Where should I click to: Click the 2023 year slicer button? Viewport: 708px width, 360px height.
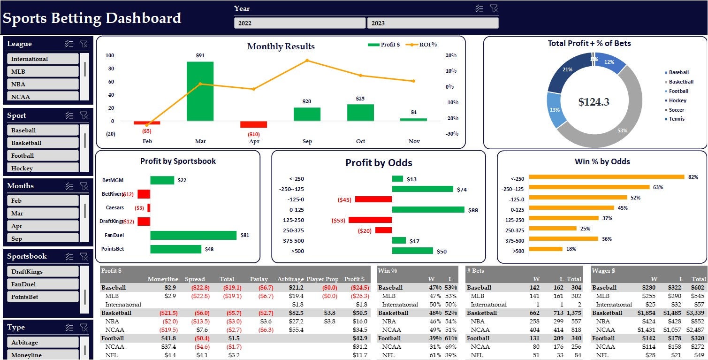tap(432, 23)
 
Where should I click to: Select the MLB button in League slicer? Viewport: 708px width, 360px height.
tap(43, 72)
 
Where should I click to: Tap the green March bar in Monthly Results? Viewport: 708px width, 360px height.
tap(200, 91)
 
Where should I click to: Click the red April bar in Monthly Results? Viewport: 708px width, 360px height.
tap(253, 124)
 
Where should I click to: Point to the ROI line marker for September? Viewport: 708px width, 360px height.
tap(307, 60)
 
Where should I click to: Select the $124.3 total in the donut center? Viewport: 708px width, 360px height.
tap(594, 102)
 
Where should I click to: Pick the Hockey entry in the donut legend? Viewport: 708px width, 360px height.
tap(677, 100)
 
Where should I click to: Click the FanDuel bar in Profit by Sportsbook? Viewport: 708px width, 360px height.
tap(193, 235)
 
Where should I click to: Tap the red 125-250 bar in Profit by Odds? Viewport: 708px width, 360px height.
tap(370, 220)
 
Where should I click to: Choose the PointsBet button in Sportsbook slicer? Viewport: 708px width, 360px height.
tap(43, 297)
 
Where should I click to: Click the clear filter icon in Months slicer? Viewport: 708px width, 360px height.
tap(84, 186)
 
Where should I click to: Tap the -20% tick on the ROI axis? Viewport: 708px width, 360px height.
tap(451, 118)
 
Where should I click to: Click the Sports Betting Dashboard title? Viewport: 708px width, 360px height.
tap(92, 18)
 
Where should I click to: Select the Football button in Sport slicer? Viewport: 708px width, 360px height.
tap(43, 155)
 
